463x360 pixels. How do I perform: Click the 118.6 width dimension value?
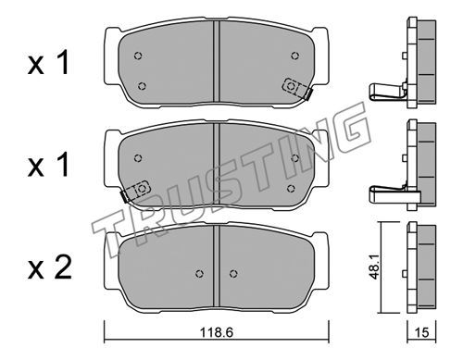tap(216, 332)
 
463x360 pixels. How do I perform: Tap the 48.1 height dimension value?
tap(375, 267)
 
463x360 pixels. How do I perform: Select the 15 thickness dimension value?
tap(422, 332)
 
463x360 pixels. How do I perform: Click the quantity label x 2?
tap(49, 267)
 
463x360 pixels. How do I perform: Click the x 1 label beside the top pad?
tap(48, 63)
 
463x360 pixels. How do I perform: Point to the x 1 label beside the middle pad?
tap(48, 166)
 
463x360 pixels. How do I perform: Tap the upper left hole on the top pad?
tap(138, 56)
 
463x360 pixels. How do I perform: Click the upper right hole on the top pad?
tap(295, 56)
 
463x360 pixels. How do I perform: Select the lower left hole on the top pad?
tap(142, 86)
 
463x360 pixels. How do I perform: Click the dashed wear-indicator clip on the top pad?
tap(297, 88)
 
